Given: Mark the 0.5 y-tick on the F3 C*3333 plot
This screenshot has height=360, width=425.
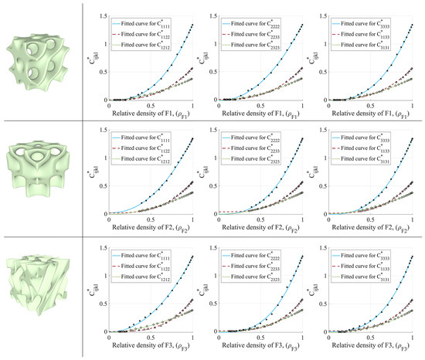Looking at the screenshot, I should pyautogui.click(x=328, y=309).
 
